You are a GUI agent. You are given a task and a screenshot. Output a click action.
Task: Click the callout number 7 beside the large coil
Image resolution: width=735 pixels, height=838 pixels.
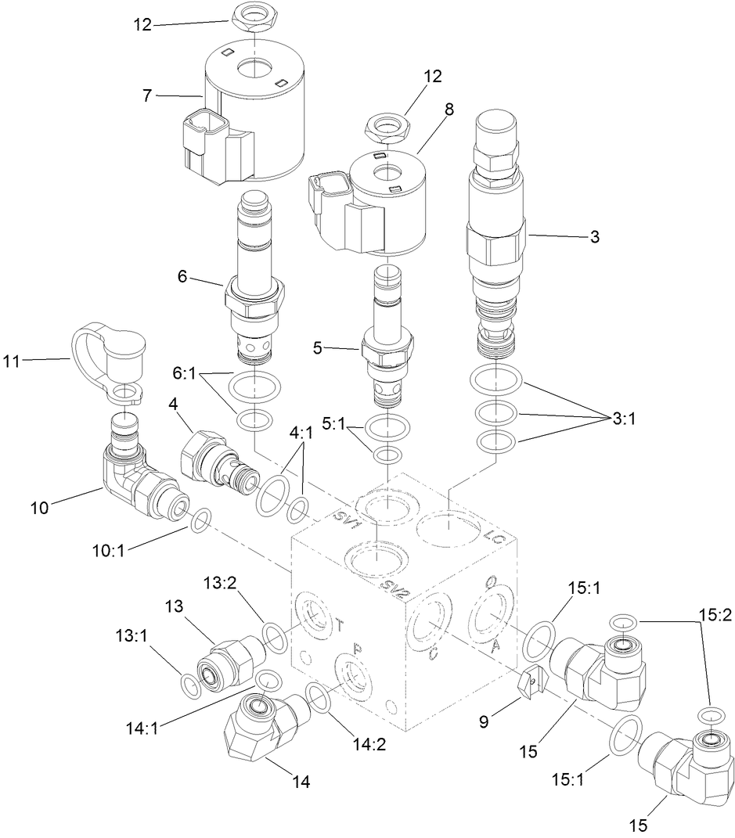146,95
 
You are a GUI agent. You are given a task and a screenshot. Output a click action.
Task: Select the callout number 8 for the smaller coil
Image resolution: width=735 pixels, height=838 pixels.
449,110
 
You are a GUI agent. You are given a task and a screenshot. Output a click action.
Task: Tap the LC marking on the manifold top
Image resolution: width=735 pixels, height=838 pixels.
493,538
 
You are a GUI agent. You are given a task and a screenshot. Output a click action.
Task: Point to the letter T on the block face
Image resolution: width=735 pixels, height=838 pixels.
338,624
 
